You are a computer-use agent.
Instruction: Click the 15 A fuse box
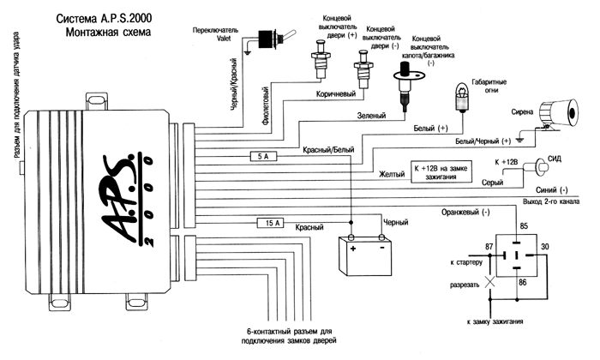[271, 223]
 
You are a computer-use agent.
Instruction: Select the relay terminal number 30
[545, 248]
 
